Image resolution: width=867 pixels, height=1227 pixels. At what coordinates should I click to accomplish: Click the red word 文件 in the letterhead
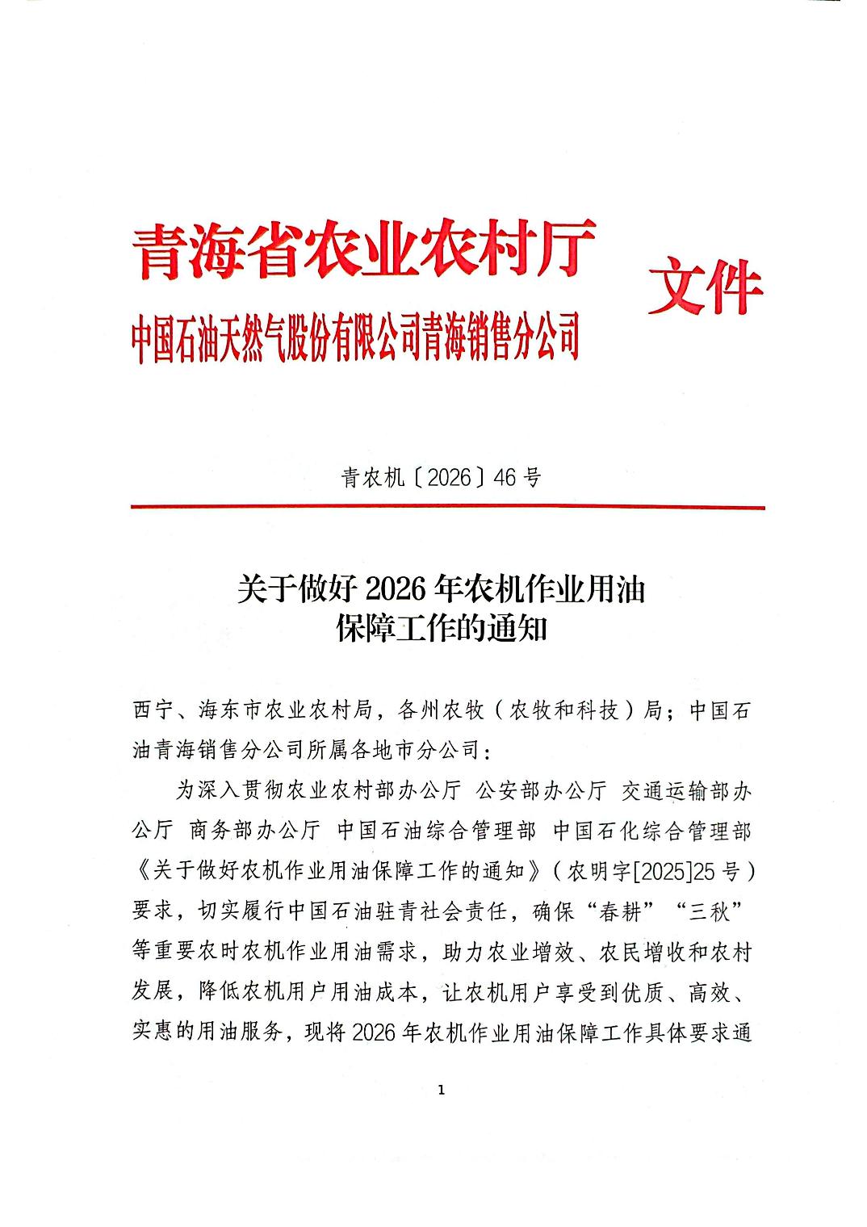(705, 287)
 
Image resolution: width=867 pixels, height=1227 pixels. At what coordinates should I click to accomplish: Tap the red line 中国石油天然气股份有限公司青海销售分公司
(356, 338)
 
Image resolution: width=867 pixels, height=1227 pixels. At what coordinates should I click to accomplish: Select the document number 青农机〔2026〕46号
(440, 478)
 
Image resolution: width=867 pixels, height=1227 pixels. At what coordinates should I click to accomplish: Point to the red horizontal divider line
(447, 508)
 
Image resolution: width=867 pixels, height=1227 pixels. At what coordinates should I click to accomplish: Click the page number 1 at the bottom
(440, 1091)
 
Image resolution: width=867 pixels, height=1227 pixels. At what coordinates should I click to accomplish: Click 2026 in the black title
(395, 590)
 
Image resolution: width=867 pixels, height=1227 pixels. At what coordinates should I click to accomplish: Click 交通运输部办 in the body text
(687, 791)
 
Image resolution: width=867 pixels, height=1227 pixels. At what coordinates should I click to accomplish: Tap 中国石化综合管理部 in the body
(652, 831)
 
